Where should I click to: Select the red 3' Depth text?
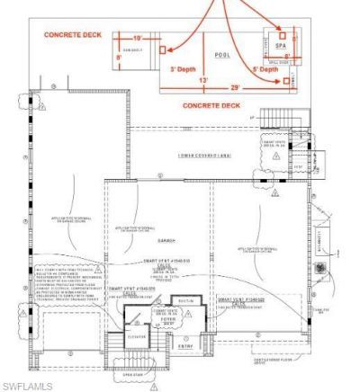(184, 68)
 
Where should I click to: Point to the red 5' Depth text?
(265, 68)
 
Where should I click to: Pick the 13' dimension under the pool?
(204, 80)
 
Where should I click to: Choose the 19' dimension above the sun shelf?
(137, 38)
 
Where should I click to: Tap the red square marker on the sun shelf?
(163, 50)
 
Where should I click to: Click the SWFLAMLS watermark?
(27, 385)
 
